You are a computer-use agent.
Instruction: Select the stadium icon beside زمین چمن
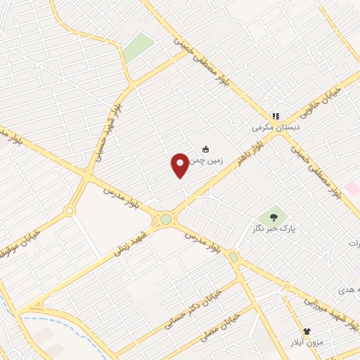[x=205, y=148]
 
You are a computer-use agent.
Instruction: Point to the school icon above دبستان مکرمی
[x=276, y=116]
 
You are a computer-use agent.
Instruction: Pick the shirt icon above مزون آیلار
[x=307, y=331]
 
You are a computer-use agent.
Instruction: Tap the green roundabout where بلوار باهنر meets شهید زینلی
[x=166, y=219]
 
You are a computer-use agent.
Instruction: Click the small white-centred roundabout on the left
[x=69, y=210]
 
